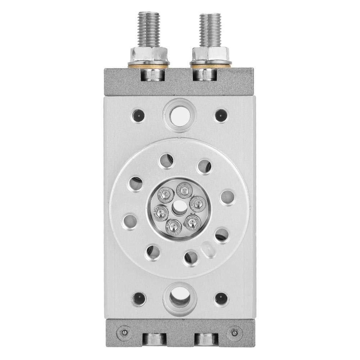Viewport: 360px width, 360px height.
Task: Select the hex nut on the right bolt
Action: [x=210, y=54]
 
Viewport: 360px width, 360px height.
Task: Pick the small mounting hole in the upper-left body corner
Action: [x=138, y=115]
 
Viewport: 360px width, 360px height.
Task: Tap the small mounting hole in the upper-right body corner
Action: [x=221, y=115]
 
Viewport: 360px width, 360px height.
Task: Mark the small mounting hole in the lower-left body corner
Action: [x=138, y=299]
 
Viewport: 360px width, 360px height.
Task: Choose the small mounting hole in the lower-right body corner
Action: [x=221, y=299]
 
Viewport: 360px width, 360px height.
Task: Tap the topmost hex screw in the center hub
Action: [x=184, y=190]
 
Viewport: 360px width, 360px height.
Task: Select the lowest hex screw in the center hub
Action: [x=173, y=227]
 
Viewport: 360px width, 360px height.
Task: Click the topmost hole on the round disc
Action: [x=166, y=161]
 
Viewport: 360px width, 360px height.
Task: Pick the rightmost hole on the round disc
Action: [x=227, y=197]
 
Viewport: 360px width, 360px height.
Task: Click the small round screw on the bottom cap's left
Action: [x=124, y=331]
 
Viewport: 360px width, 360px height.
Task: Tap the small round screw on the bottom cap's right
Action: [x=235, y=331]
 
